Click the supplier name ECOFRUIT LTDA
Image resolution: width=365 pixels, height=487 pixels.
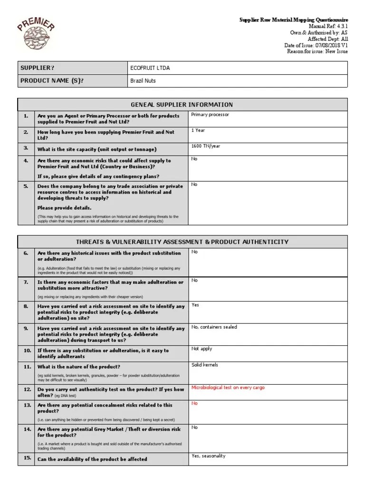(150, 68)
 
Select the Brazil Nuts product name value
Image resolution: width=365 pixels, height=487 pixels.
(143, 81)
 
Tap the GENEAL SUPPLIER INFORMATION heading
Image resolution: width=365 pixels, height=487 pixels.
(182, 105)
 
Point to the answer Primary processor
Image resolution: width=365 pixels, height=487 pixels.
(210, 115)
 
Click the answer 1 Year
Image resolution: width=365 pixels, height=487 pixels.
(198, 130)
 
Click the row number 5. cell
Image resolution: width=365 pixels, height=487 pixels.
(26, 186)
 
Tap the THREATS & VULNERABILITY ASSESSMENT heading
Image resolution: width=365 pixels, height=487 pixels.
(182, 242)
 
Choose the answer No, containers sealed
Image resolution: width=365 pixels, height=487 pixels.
(214, 327)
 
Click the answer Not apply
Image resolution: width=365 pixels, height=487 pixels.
(202, 349)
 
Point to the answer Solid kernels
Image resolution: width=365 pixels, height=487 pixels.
(205, 365)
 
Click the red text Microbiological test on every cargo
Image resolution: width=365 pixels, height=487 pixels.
(228, 388)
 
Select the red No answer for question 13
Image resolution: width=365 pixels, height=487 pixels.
(194, 403)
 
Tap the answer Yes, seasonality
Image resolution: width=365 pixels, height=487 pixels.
(208, 456)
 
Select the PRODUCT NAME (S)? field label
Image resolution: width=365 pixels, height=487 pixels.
(52, 81)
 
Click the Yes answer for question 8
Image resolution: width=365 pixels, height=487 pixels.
(195, 305)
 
